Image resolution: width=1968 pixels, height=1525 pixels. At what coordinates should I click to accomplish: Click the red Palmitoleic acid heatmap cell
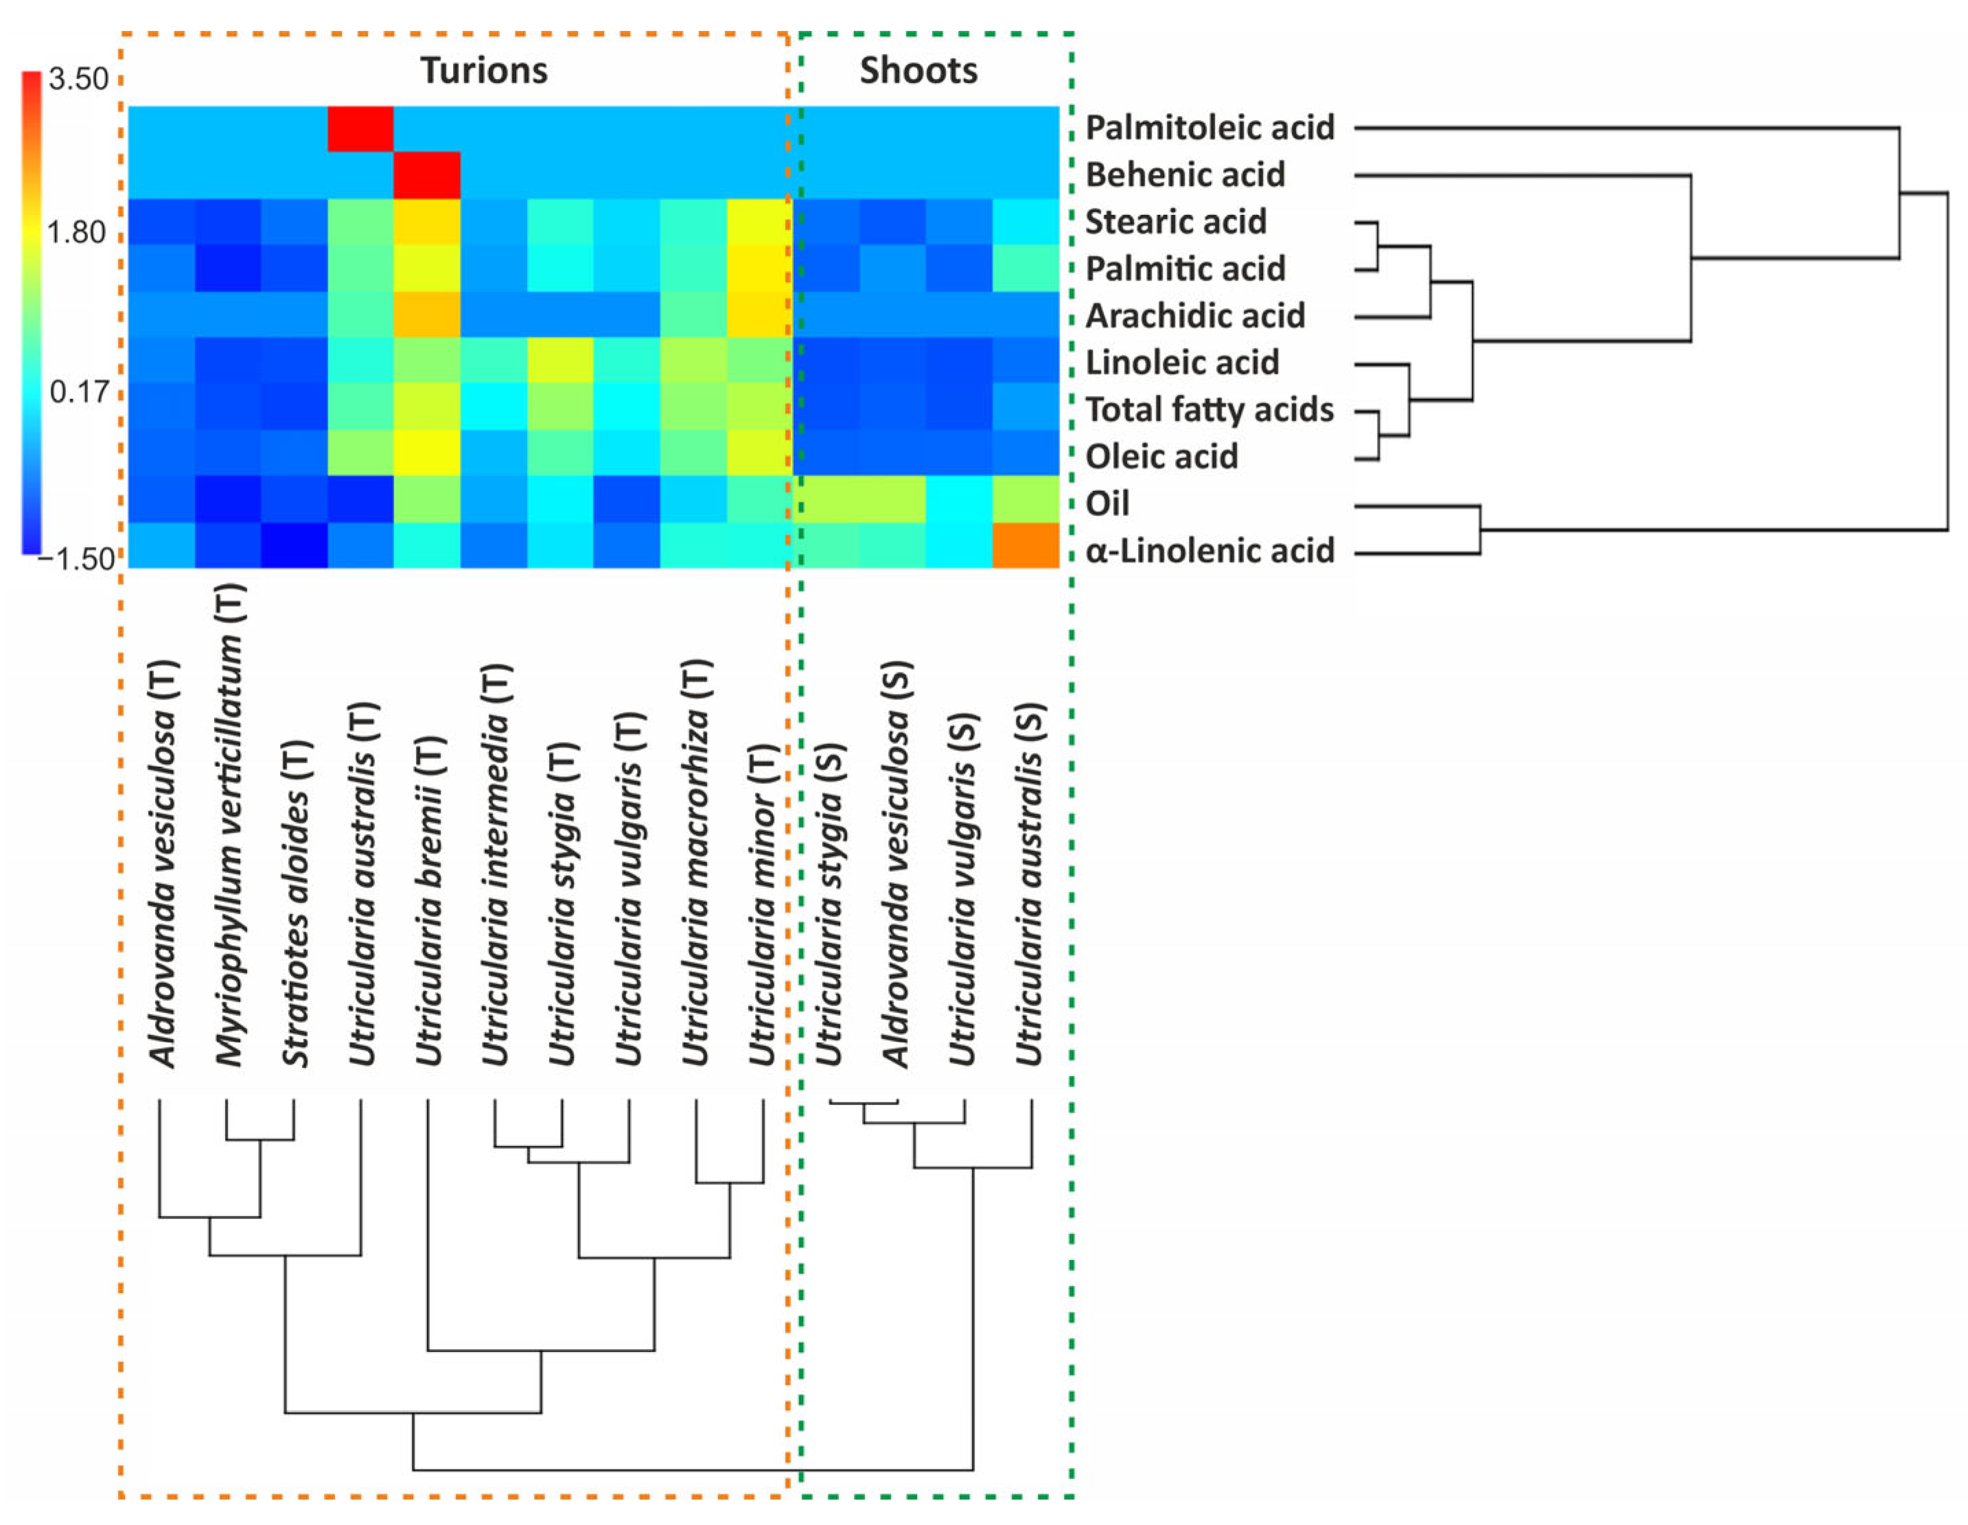[x=360, y=129]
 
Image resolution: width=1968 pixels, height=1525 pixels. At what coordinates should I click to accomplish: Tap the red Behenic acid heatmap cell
[x=427, y=175]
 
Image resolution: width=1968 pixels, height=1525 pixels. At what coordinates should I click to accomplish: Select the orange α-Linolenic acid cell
[x=1026, y=545]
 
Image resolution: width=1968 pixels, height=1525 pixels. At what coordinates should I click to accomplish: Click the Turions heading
[x=484, y=70]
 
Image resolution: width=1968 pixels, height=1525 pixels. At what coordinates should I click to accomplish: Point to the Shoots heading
[x=918, y=70]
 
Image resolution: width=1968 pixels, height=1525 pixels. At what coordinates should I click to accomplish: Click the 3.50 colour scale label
[x=78, y=79]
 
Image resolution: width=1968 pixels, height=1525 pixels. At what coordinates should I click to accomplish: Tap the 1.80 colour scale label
[x=77, y=233]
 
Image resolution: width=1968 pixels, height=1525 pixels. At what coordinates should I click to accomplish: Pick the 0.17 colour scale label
[x=80, y=392]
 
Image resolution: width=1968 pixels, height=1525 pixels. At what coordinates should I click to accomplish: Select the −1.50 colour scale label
[x=77, y=559]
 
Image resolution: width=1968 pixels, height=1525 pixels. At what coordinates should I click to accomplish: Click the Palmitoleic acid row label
[x=1209, y=128]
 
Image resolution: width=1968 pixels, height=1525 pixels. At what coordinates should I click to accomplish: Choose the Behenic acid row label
[x=1185, y=175]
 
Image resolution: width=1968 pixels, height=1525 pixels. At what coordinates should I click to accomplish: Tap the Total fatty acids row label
[x=1209, y=410]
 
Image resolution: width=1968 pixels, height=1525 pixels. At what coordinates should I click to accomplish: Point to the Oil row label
[x=1107, y=504]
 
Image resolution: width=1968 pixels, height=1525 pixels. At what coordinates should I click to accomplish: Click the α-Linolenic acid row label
[x=1209, y=550]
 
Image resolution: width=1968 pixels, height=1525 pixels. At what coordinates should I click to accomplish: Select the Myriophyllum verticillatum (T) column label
[x=230, y=824]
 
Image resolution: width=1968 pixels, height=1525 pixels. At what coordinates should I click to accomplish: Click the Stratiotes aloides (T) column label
[x=297, y=903]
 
